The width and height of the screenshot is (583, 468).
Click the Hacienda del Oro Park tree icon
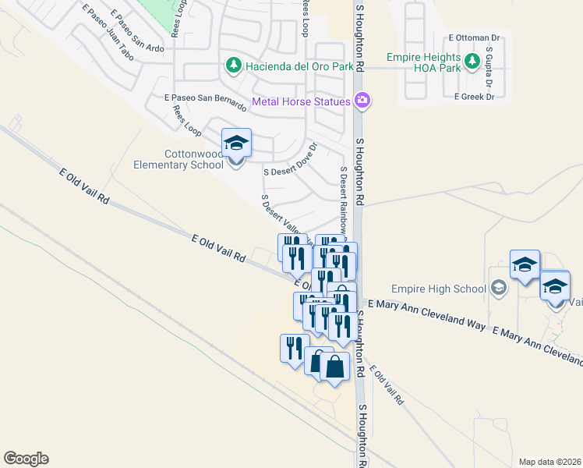(x=232, y=66)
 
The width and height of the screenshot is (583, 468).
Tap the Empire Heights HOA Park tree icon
(x=472, y=61)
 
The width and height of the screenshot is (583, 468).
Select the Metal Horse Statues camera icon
(x=362, y=100)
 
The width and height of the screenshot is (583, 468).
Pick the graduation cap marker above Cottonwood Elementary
(x=236, y=143)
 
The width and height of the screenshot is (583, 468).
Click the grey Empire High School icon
(x=499, y=289)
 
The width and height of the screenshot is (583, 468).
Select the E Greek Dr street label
(x=475, y=97)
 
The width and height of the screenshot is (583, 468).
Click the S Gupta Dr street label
(x=489, y=66)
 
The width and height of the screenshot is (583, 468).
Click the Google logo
(x=26, y=458)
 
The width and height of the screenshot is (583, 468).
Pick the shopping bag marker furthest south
(x=334, y=367)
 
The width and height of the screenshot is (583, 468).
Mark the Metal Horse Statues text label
(x=301, y=101)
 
